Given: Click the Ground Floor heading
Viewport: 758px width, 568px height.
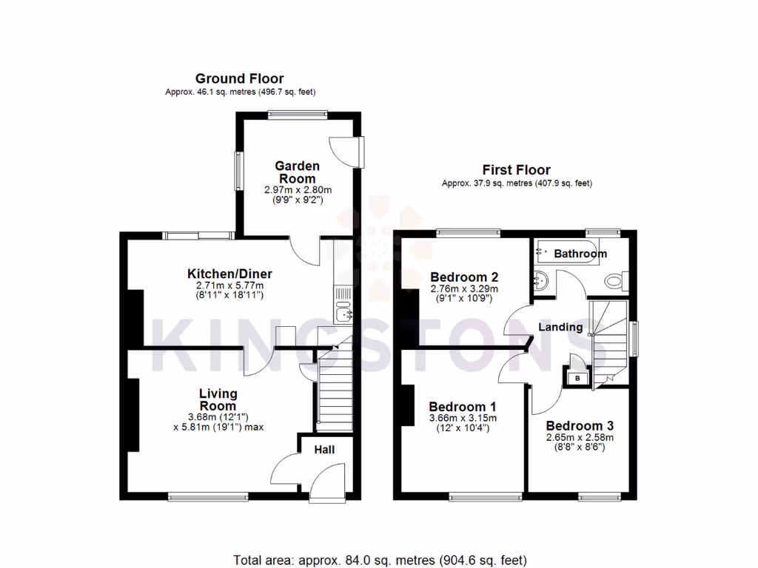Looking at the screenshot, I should (x=239, y=78).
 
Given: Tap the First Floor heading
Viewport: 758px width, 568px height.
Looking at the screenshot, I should (x=516, y=170).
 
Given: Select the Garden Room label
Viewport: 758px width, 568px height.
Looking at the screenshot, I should (x=298, y=172).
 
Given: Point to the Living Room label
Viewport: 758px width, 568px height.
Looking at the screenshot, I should (x=218, y=399).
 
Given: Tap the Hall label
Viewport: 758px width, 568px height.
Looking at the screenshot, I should (x=324, y=450).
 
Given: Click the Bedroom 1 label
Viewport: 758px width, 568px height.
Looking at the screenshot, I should (x=463, y=407).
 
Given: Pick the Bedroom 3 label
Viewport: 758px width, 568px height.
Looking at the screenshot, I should (x=580, y=426).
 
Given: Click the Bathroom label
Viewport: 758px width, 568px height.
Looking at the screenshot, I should (x=580, y=254).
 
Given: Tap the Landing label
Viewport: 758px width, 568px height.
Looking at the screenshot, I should (x=560, y=327).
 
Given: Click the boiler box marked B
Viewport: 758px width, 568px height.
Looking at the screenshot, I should (x=577, y=377).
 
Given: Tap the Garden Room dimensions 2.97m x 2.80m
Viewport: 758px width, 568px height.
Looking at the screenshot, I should (x=298, y=190).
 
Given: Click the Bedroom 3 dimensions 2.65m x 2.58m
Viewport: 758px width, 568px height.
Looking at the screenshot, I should (x=580, y=438).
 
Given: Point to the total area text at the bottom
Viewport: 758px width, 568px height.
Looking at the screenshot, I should (x=380, y=559).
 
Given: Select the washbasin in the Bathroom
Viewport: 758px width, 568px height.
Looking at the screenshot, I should (x=540, y=281).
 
